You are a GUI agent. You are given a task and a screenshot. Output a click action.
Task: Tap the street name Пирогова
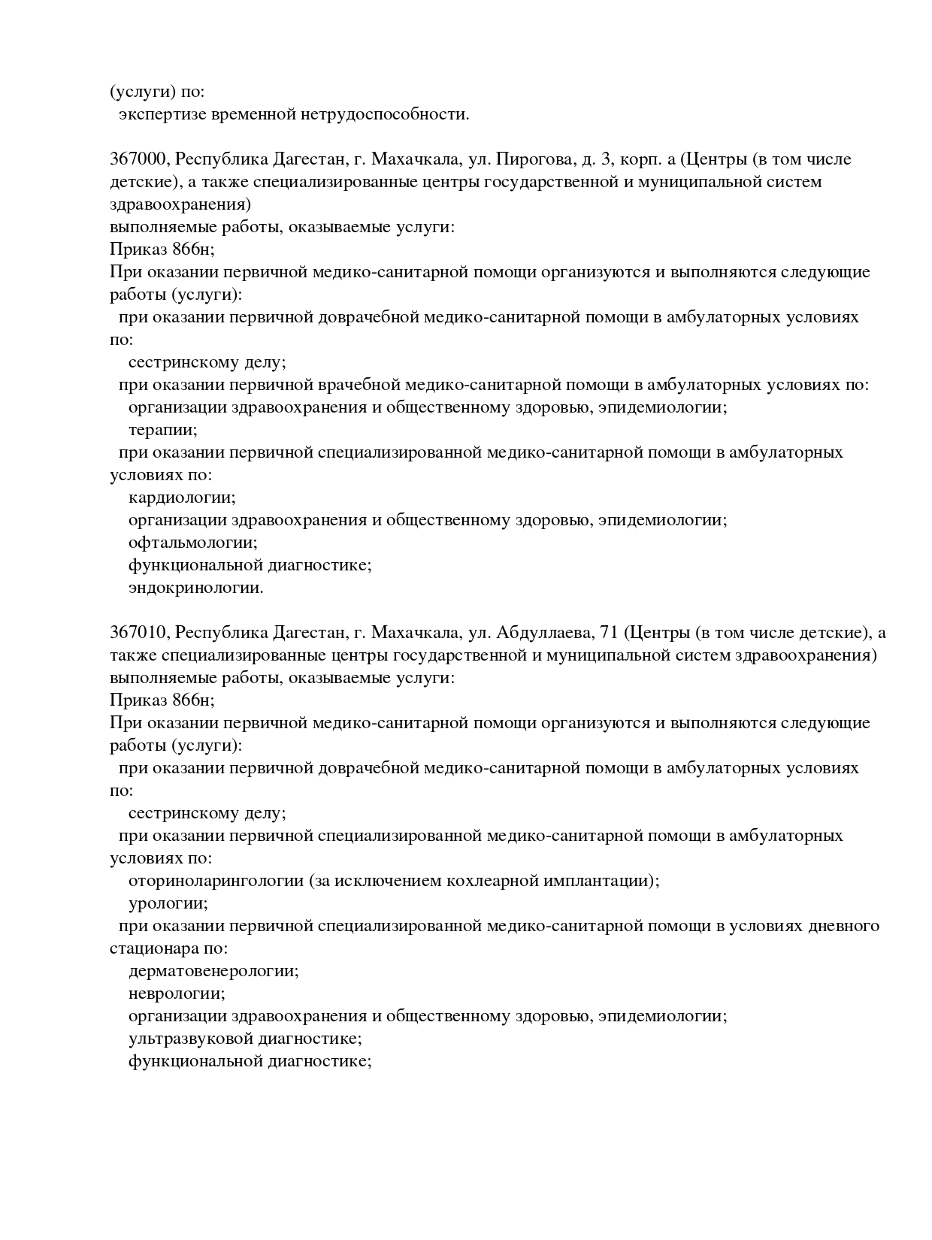(523, 159)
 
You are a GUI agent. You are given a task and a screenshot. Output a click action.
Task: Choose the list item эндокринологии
(195, 588)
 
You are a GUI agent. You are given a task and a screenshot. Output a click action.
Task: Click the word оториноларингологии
(216, 881)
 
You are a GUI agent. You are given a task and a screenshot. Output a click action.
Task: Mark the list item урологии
(168, 903)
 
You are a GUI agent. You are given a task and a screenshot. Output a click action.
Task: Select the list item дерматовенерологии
(213, 971)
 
